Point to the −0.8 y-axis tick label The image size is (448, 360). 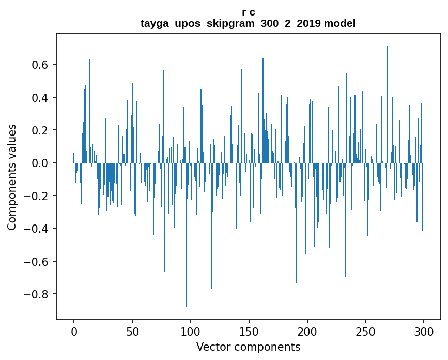click(x=37, y=294)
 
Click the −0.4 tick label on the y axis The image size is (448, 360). click(x=37, y=229)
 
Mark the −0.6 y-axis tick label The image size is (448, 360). click(x=37, y=262)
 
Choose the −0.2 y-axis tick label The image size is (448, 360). click(x=37, y=196)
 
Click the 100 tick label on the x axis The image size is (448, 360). click(x=191, y=331)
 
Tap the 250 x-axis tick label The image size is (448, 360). click(x=365, y=331)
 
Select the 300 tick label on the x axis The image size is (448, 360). click(x=424, y=331)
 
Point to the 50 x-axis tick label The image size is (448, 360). click(x=132, y=331)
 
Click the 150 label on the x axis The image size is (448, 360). click(x=249, y=331)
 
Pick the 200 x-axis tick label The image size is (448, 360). click(x=307, y=331)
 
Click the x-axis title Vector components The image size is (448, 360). click(x=248, y=347)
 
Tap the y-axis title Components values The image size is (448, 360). click(x=12, y=177)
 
